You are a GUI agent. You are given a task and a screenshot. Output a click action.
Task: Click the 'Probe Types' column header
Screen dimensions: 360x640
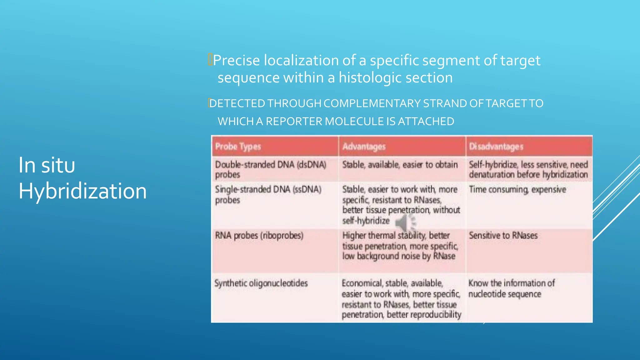coord(238,147)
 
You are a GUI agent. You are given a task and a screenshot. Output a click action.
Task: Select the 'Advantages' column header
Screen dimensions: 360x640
coord(364,147)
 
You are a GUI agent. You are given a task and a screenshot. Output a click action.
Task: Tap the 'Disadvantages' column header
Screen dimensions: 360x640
coord(496,147)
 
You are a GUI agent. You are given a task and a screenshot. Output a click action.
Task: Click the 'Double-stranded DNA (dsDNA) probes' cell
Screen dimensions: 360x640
coord(270,169)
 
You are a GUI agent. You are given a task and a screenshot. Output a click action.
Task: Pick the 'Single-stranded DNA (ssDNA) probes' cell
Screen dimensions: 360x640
coord(268,194)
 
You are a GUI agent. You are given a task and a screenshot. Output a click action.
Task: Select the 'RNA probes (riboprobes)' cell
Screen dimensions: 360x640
coord(259,235)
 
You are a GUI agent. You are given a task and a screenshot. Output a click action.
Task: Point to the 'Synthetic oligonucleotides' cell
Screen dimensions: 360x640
coord(261,283)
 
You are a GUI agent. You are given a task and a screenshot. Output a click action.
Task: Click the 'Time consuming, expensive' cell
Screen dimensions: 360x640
coord(517,189)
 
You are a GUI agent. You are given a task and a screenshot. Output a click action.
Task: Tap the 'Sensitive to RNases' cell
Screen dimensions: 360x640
coord(503,235)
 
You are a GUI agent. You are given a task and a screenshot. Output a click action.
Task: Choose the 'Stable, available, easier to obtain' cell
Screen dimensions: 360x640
coord(400,165)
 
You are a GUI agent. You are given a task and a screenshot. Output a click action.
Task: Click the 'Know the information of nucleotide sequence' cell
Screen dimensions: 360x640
coord(511,288)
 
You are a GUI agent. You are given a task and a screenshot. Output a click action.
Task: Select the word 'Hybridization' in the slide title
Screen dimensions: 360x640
coord(82,191)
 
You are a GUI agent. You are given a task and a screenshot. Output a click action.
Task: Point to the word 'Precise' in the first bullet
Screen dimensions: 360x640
coord(237,60)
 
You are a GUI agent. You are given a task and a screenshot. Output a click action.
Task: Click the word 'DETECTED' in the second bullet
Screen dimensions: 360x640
coord(237,103)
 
